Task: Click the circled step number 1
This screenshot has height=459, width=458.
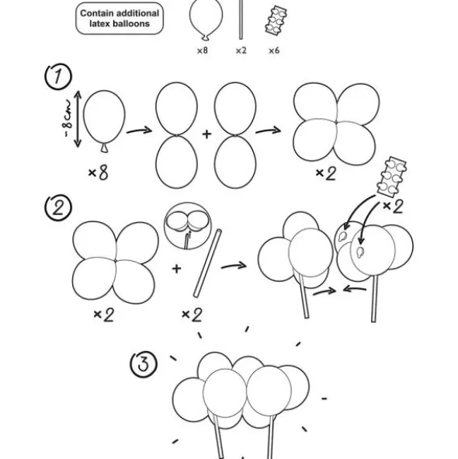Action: (x=58, y=76)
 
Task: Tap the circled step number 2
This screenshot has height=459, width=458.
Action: (x=57, y=207)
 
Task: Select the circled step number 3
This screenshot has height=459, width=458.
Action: (x=144, y=364)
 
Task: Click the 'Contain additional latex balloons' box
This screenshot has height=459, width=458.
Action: (x=120, y=19)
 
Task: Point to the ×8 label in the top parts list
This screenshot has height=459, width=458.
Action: (x=203, y=50)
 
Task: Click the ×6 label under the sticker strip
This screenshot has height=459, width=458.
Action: (x=274, y=50)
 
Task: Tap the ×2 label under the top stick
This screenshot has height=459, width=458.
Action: (x=241, y=50)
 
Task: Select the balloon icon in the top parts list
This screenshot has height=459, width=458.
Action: (x=206, y=19)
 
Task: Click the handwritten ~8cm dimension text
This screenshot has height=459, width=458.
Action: (x=68, y=118)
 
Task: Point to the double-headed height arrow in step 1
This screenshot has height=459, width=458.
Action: (x=78, y=119)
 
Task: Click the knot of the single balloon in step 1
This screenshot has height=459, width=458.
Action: (x=105, y=148)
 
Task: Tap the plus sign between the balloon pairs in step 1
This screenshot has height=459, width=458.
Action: (x=206, y=134)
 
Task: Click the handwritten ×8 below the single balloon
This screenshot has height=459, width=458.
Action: (x=99, y=172)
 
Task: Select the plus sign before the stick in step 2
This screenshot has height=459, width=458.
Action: (x=176, y=269)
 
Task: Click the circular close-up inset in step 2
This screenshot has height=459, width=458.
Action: (x=187, y=226)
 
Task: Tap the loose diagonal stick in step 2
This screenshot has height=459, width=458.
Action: (x=207, y=263)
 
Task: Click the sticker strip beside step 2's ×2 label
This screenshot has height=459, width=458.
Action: (x=391, y=177)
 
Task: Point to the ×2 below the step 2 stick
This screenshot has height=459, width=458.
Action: (x=192, y=315)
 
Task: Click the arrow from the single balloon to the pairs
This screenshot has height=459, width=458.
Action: (x=139, y=130)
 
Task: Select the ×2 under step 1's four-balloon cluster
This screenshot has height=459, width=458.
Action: (x=326, y=173)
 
